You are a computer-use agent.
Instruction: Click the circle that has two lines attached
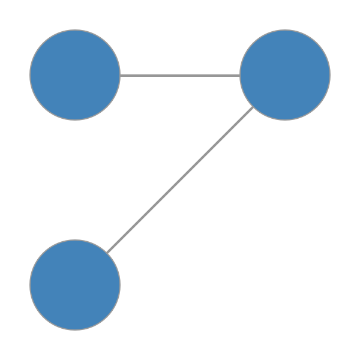285,75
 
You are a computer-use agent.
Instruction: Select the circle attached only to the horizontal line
75,75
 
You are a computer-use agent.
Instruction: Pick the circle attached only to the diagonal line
75,285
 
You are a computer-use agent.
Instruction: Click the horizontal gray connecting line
180,76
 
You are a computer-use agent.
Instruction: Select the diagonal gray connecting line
180,180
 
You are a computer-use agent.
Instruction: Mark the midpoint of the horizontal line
180,76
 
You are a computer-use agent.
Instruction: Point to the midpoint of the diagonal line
180,180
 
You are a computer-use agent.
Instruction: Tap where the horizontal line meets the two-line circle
240,76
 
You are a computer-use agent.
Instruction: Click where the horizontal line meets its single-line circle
120,76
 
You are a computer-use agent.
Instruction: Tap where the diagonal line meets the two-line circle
253,107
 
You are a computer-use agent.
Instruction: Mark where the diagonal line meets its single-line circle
107,253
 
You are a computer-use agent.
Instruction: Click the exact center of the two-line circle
285,75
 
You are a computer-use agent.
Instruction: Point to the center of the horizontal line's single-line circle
75,75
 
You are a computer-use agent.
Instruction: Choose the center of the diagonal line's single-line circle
75,285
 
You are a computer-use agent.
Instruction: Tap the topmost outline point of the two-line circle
285,30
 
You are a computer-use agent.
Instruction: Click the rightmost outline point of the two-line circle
330,75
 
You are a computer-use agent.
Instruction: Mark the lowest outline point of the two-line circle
285,120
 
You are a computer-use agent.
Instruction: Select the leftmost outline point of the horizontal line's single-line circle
30,75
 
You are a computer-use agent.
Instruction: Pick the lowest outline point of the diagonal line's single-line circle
75,330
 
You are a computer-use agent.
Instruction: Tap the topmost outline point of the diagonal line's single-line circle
75,240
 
